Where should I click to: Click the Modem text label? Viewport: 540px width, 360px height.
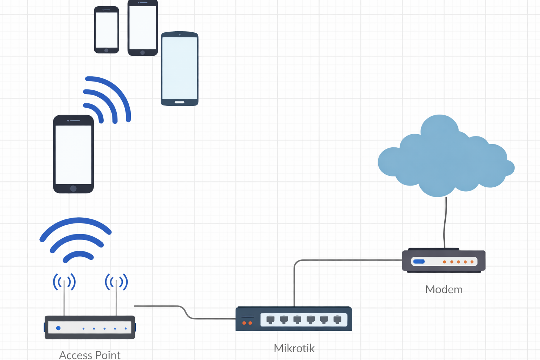point(444,289)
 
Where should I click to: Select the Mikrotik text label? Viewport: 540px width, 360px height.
point(294,348)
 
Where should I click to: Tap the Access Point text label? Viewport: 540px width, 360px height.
point(90,355)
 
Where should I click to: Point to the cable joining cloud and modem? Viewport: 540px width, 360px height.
point(445,221)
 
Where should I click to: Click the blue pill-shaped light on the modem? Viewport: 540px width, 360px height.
point(419,262)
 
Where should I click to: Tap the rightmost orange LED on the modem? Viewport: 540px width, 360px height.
point(472,262)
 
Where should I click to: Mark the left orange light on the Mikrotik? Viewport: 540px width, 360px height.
point(244,323)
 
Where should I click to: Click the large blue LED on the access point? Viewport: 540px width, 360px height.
point(58,328)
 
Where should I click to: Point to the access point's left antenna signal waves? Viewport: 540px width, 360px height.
point(64,282)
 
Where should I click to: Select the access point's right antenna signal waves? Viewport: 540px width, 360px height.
point(116,282)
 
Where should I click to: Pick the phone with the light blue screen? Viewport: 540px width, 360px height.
point(180,69)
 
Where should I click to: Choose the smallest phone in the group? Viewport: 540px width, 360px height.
point(107,30)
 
